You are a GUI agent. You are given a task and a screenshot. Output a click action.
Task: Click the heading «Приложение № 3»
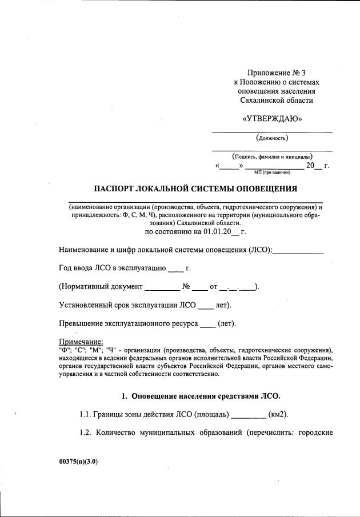(x=277, y=73)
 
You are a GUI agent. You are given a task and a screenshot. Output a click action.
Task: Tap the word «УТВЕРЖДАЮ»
(x=272, y=119)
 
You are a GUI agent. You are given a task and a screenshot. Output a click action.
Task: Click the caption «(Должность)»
(x=272, y=138)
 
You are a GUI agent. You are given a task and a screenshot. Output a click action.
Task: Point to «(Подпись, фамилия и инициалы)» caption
(x=272, y=156)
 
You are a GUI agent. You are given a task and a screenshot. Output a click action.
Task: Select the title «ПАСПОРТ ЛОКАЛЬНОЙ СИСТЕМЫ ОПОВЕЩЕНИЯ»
(x=195, y=189)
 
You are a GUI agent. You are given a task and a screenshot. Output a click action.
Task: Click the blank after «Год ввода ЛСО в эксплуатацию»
(x=177, y=268)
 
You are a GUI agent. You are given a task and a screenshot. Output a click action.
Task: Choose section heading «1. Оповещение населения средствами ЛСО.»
(x=201, y=396)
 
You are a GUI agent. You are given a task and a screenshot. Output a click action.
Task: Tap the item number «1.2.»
(x=86, y=432)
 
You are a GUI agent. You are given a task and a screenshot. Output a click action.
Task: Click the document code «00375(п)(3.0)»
(x=78, y=463)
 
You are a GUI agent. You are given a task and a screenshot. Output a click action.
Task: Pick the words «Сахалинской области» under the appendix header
(x=277, y=101)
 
